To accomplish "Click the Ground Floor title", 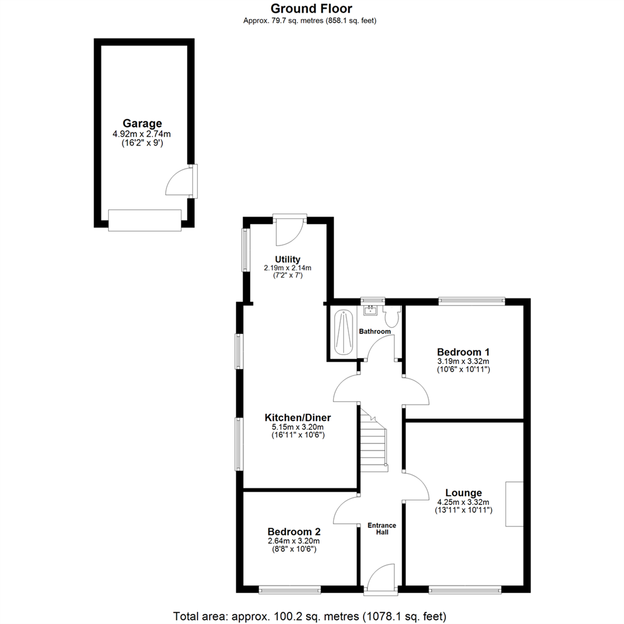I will pos(311,8).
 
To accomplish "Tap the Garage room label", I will pos(142,123).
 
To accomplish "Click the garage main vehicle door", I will pos(145,220).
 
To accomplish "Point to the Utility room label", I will pos(287,259).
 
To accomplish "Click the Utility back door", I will pos(289,230).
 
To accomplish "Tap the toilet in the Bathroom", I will pos(392,317).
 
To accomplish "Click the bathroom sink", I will pos(370,311).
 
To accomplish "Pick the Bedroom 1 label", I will pos(463,352).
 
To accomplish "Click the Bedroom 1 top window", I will pos(471,300).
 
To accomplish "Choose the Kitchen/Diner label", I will pos(298,417).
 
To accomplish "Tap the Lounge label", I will pos(463,493).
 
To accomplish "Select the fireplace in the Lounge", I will pos(514,504).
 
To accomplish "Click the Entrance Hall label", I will pos(382,528).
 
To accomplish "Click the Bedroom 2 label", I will pos(294,532).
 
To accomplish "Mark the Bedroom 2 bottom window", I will pos(289,590).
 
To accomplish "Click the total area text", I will pos(310,615).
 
